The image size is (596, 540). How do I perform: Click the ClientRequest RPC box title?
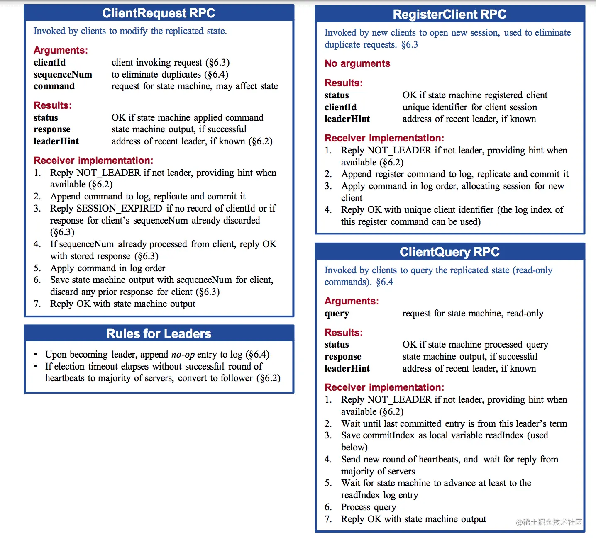pos(159,13)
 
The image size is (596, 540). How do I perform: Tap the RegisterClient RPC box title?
pos(449,15)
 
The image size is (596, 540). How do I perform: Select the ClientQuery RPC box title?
pos(449,252)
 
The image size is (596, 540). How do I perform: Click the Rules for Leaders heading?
pos(159,334)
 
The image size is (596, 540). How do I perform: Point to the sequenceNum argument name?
pos(63,75)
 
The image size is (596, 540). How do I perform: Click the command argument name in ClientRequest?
pos(54,86)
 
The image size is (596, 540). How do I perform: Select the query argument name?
pos(337,314)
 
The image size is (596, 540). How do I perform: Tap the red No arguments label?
pos(357,63)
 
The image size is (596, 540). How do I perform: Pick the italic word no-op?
pos(183,355)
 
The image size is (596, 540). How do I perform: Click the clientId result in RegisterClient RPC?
pos(340,107)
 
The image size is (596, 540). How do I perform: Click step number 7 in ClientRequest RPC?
pos(37,304)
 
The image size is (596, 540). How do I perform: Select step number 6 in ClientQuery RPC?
pos(328,507)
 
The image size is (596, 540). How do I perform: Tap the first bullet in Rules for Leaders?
pos(36,355)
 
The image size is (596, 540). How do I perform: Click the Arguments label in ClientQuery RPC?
pos(352,301)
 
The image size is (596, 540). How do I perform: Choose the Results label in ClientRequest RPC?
pos(53,105)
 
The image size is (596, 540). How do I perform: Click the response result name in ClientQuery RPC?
pos(343,357)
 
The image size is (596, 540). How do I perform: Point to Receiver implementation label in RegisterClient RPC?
pos(384,138)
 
